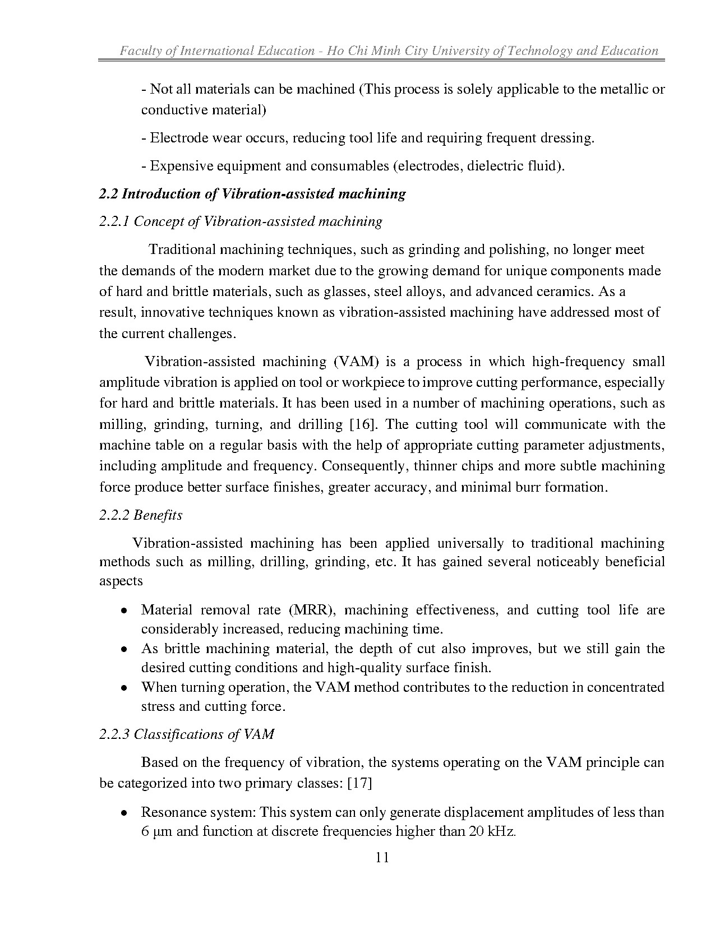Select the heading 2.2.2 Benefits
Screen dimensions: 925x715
pyautogui.click(x=141, y=515)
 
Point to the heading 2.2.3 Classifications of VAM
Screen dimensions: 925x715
pyautogui.click(x=187, y=734)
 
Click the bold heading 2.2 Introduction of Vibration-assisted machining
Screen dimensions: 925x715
pyautogui.click(x=252, y=194)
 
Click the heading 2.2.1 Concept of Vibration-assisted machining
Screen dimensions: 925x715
pyautogui.click(x=241, y=221)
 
